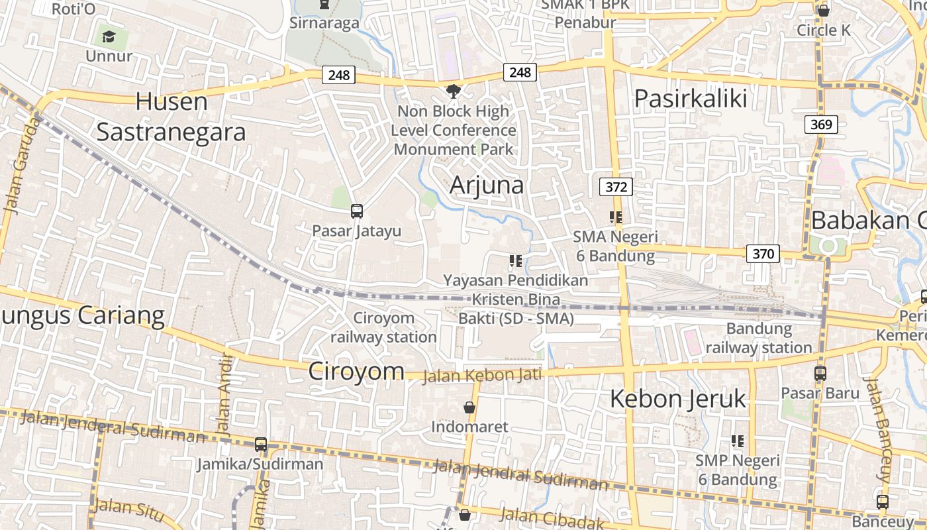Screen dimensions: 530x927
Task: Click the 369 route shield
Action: (822, 125)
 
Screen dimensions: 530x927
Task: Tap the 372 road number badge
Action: (616, 187)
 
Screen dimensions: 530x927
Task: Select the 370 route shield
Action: (763, 253)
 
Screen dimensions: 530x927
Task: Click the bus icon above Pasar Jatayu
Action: (357, 211)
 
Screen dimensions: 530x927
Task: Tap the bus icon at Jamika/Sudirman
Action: (261, 444)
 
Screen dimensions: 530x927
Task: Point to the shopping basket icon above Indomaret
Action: (469, 407)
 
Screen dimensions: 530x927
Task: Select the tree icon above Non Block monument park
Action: (454, 91)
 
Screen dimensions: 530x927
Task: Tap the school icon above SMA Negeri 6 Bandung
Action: (616, 217)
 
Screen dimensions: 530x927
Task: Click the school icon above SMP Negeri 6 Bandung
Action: (737, 441)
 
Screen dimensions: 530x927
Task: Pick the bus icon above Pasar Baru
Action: (820, 373)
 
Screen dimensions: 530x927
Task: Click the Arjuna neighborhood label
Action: (487, 185)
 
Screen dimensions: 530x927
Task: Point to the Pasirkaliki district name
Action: (691, 99)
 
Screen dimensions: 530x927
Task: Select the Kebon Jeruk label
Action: (677, 399)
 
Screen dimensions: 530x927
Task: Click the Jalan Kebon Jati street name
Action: (482, 376)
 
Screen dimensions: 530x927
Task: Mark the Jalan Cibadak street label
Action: (552, 517)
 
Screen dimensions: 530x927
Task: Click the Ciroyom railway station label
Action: (383, 327)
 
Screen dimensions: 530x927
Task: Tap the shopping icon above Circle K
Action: (824, 11)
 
